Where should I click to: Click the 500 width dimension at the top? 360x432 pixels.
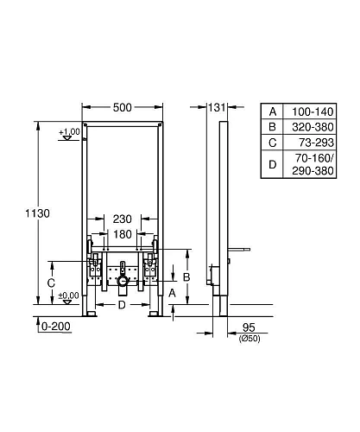[x=121, y=108]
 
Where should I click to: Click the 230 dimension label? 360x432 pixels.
[x=121, y=220]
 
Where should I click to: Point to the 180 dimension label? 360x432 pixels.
[x=121, y=235]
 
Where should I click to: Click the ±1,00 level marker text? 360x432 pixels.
[x=69, y=131]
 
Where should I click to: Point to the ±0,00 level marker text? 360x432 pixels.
[x=69, y=296]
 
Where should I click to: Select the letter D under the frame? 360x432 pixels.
[x=122, y=305]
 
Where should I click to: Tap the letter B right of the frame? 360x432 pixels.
[x=186, y=276]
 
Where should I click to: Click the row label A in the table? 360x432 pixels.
[x=274, y=112]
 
